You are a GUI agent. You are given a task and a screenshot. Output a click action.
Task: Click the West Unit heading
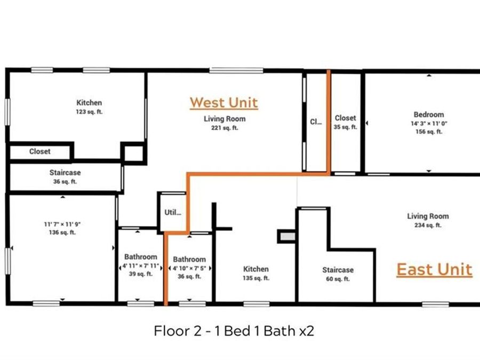click(223, 102)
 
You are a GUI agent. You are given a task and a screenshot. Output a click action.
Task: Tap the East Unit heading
click(434, 269)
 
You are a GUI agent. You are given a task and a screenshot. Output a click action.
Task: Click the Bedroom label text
click(429, 115)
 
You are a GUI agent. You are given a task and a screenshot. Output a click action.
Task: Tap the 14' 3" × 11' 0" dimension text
click(428, 124)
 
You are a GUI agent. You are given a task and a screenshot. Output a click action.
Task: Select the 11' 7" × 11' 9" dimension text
click(63, 225)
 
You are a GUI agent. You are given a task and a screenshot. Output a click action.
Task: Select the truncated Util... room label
click(173, 212)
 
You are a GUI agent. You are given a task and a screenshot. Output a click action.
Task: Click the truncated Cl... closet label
click(316, 121)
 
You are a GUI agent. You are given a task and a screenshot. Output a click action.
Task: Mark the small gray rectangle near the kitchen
click(286, 236)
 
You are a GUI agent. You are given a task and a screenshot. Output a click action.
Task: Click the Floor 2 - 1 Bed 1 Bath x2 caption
click(234, 331)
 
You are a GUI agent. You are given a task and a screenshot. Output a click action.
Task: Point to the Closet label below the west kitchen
click(40, 151)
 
